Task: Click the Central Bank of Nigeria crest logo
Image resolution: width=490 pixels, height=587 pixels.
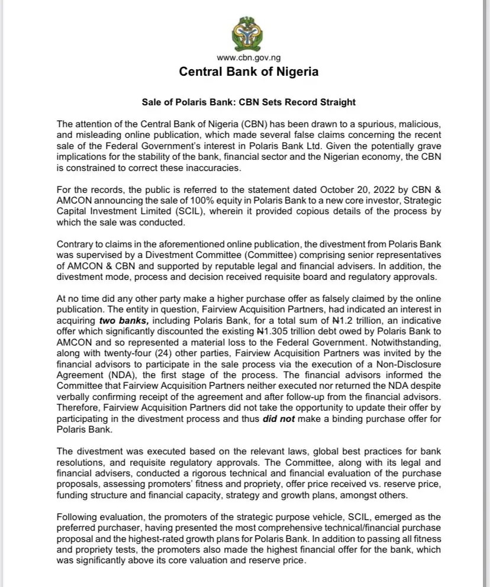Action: coord(249,33)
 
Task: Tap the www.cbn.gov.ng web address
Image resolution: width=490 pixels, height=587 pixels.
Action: coord(249,57)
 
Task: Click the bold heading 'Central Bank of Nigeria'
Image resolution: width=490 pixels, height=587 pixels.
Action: coord(249,72)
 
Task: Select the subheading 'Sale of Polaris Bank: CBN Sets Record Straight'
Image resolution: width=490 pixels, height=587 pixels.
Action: coord(249,102)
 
